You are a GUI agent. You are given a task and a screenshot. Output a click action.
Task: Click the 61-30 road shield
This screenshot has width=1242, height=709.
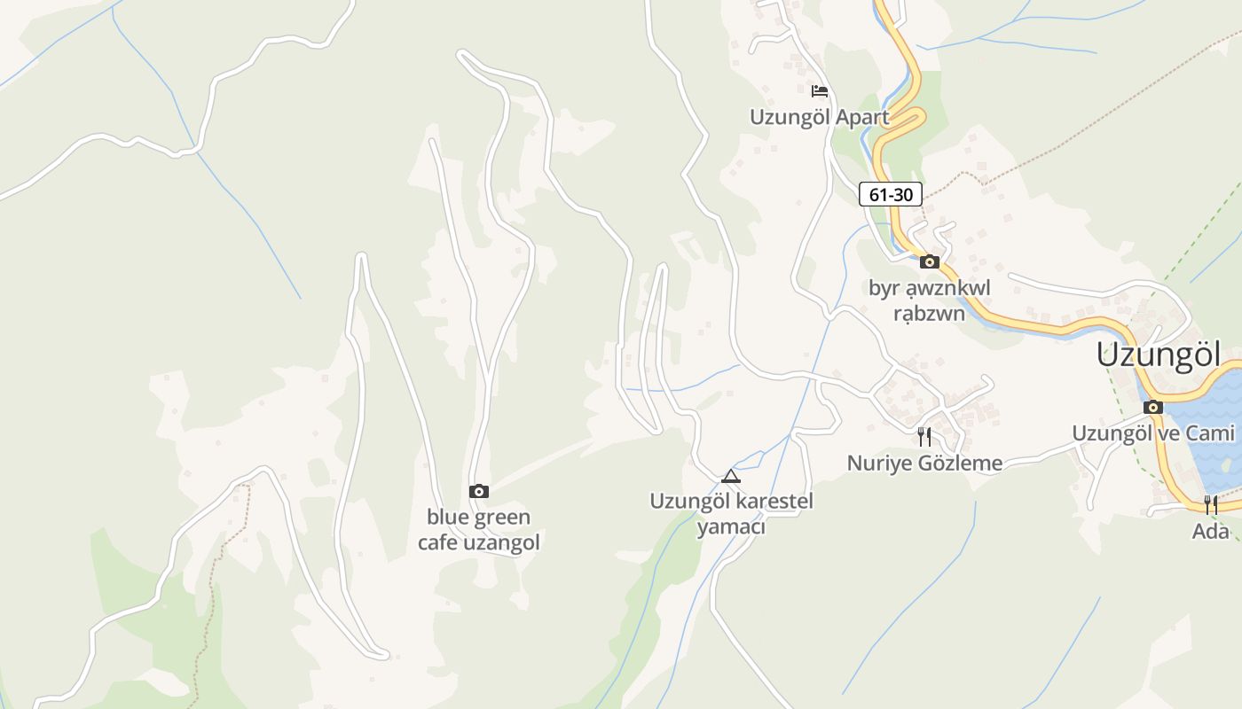click(x=891, y=194)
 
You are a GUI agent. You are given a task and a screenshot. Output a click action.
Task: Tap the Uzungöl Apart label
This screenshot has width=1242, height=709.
click(x=819, y=117)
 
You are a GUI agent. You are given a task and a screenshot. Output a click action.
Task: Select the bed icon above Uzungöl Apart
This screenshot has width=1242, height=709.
click(x=819, y=90)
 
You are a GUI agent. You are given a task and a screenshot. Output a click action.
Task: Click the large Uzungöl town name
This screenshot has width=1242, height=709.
click(x=1159, y=354)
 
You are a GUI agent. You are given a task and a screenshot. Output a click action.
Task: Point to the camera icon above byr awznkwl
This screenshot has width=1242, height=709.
click(x=930, y=261)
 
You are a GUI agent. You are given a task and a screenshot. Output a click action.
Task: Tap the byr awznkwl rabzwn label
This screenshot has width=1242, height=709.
click(x=929, y=300)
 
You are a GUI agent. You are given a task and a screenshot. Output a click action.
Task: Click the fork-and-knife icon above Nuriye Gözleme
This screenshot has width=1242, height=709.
click(x=924, y=436)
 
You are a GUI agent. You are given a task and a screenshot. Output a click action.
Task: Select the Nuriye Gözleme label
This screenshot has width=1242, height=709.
click(x=924, y=463)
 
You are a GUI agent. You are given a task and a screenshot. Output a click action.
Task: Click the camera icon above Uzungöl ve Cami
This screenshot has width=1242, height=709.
click(x=1153, y=408)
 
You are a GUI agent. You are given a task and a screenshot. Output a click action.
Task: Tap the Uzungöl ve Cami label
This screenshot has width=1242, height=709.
click(x=1153, y=433)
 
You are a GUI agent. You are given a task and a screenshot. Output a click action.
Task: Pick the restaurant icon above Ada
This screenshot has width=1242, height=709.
click(x=1211, y=505)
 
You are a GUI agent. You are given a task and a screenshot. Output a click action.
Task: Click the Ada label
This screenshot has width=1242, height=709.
click(x=1211, y=532)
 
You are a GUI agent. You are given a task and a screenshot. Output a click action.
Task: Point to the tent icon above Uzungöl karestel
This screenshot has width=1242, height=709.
click(x=730, y=476)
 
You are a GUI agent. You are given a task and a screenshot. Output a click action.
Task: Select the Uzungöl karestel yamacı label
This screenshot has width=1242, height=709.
click(x=731, y=514)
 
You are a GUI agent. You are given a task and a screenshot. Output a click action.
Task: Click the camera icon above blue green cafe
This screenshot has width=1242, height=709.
click(x=478, y=491)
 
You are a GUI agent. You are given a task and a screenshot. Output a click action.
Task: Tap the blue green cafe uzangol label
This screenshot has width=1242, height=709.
click(x=479, y=530)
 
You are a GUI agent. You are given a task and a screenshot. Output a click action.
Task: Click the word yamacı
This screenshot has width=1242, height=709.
click(x=731, y=527)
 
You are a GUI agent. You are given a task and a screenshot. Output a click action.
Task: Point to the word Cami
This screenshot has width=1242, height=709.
click(x=1211, y=433)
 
